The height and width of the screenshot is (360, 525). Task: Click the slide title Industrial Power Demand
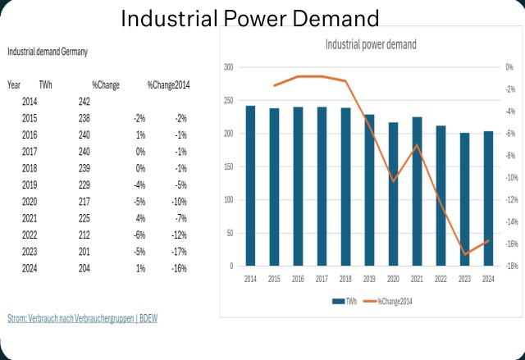click(250, 18)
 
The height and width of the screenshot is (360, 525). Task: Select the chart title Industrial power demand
click(371, 44)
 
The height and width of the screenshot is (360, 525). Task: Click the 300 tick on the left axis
click(228, 67)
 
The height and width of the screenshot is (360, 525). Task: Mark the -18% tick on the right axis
click(511, 266)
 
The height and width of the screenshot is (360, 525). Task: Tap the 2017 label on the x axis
click(322, 279)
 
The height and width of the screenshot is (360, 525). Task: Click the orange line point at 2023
click(464, 254)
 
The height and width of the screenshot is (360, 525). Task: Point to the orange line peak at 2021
click(417, 145)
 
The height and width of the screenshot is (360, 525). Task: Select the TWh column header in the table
click(45, 84)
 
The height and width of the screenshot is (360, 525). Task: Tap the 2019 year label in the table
click(30, 185)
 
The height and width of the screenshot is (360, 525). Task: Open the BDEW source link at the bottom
click(82, 317)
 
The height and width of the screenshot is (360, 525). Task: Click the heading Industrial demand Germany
click(48, 52)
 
